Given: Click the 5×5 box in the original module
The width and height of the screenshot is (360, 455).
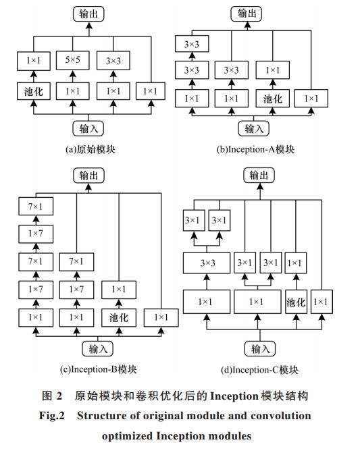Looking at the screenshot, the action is pos(72,60).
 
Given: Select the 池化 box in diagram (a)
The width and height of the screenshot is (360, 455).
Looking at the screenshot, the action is pos(34,91).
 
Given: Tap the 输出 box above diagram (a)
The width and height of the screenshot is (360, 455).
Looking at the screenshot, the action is pos(88,14).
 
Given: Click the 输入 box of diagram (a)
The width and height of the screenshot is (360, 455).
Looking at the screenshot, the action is pos(88,128).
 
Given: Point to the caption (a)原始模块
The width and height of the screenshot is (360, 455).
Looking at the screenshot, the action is pos(91,149).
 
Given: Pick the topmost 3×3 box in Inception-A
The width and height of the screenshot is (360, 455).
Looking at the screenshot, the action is pos(192,44).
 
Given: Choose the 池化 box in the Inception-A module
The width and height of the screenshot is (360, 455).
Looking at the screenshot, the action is pos(273,99).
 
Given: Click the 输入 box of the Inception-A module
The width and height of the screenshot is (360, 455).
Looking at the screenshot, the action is pos(254,128).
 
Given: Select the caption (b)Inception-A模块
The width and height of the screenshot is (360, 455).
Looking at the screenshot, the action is pos(255,149).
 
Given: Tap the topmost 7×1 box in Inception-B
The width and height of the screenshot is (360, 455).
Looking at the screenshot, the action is pos(36,207).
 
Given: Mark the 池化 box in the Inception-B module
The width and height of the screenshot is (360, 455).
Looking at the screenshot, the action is pos(119,318).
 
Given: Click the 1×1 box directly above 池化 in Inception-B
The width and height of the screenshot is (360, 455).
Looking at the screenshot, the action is pos(119,290).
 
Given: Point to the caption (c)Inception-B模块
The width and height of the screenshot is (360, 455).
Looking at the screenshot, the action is pos(99,369).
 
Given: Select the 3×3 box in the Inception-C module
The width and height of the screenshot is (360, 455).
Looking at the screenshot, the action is pos(207,263).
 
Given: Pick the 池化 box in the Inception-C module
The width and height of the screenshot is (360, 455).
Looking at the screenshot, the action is pos(296,302).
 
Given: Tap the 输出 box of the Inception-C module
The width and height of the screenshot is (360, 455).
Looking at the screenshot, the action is pos(259,176).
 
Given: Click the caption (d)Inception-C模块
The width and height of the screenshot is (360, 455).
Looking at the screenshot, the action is pos(259,370).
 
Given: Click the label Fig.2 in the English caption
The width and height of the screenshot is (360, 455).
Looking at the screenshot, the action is pos(52,416).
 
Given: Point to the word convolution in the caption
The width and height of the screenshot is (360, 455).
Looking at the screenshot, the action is pos(281,416).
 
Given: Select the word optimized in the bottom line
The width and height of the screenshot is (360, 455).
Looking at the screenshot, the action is pos(127,436).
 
